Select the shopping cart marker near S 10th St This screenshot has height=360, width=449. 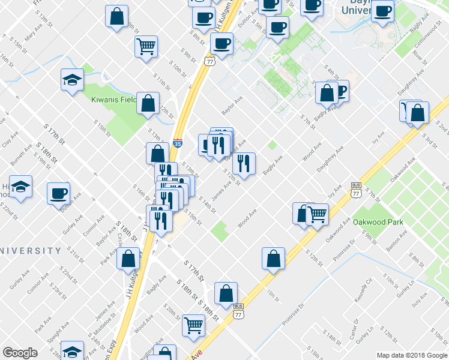[146, 46]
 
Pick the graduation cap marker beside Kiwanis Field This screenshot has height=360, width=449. [72, 80]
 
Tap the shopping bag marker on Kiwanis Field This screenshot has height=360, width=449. [148, 103]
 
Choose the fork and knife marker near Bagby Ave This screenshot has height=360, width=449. [244, 163]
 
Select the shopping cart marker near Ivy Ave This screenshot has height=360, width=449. [317, 214]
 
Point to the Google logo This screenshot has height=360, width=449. [19, 353]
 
